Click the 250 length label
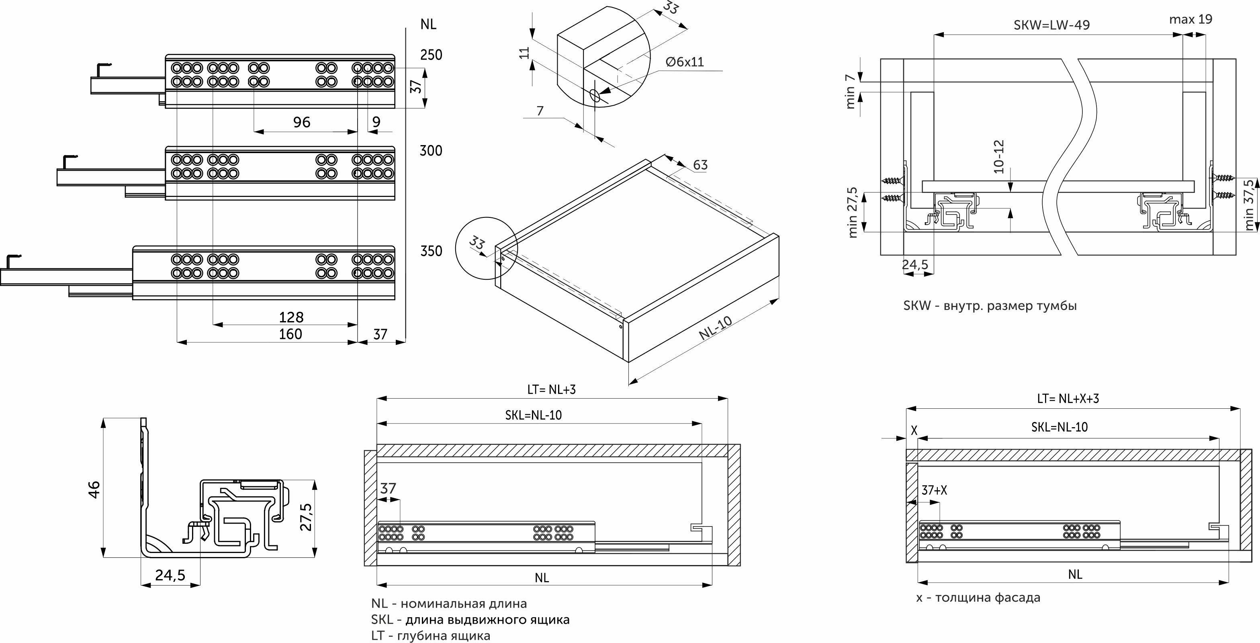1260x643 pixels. point(431,55)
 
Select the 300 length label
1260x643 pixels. point(431,151)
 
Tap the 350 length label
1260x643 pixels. point(431,251)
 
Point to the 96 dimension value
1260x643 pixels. point(302,122)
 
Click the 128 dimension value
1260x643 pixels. point(291,317)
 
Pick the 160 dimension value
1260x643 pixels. point(290,334)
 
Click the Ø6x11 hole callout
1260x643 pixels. point(685,61)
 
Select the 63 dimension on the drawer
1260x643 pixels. point(700,165)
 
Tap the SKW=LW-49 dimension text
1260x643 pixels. point(1051,25)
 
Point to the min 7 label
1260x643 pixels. point(851,91)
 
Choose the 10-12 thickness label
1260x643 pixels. point(999,157)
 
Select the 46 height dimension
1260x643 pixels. point(94,489)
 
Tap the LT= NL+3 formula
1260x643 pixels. point(551,389)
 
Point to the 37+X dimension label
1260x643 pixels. point(934,490)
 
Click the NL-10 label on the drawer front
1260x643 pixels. point(715,328)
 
